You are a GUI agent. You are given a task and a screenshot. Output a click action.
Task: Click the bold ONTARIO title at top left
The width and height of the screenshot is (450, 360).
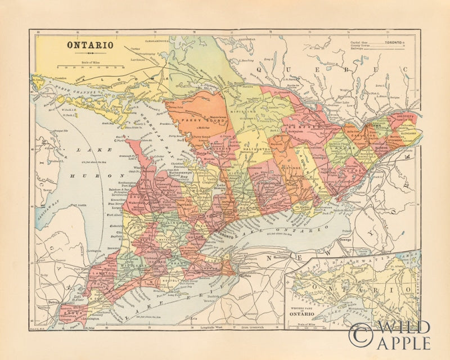[x=91, y=45]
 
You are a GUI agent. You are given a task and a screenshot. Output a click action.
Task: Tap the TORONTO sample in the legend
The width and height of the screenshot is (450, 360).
[x=393, y=43]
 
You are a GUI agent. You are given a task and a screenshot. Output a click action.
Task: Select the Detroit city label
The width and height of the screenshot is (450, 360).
[x=53, y=302]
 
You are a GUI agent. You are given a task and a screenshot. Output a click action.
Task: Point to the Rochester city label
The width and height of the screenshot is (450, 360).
[x=281, y=258]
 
